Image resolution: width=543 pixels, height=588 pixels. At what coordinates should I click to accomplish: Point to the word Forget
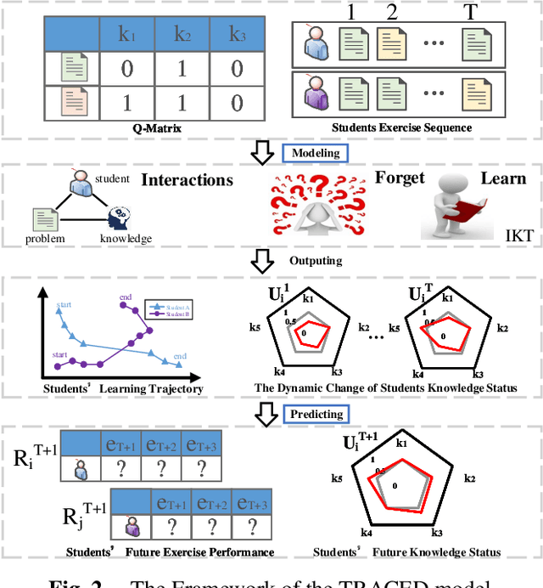(x=399, y=178)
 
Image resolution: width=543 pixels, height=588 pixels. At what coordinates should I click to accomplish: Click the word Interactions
(x=187, y=180)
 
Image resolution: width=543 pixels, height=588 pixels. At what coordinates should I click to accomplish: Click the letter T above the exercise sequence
(x=473, y=11)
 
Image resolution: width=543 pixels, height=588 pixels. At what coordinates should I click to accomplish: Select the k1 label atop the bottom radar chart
(x=401, y=444)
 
